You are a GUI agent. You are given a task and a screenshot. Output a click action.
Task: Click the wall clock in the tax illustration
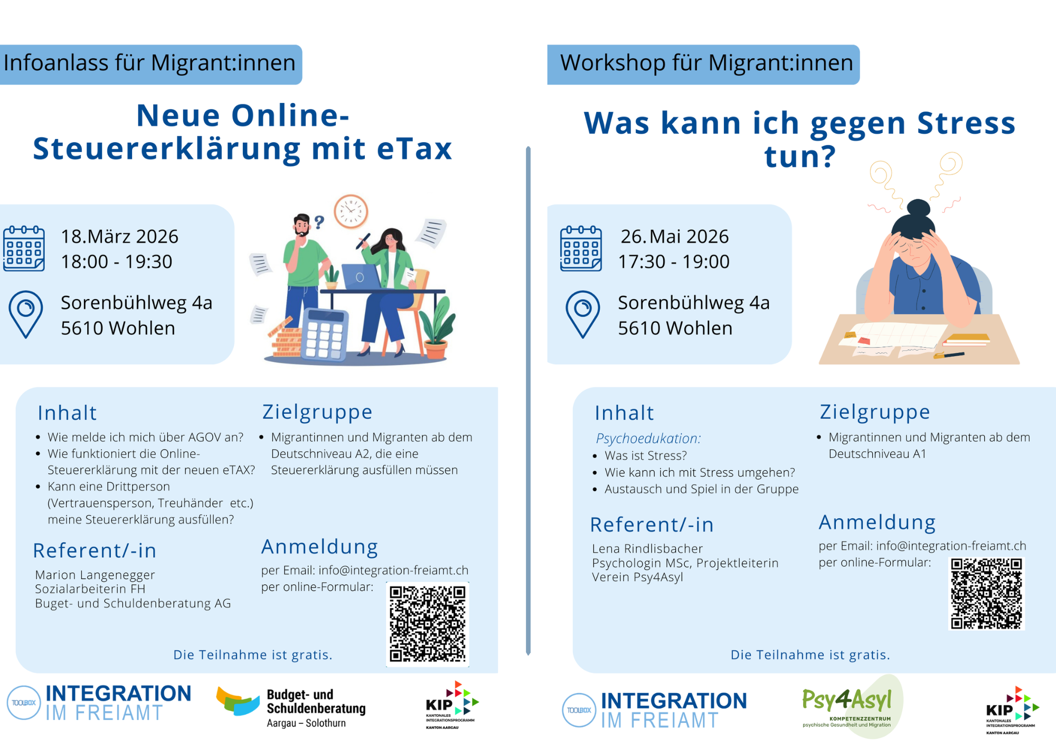(x=351, y=211)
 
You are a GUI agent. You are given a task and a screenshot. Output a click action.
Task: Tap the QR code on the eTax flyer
(x=428, y=624)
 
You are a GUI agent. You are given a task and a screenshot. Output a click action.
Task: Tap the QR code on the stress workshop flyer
(x=986, y=594)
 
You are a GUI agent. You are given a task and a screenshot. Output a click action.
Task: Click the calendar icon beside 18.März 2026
(x=24, y=248)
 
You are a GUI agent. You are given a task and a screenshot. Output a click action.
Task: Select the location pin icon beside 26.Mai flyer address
(x=582, y=314)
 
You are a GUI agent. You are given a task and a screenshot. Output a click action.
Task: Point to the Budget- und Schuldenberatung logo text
(x=316, y=708)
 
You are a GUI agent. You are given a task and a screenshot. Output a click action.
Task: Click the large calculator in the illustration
(x=324, y=334)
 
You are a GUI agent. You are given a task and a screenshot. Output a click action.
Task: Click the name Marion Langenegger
(x=95, y=575)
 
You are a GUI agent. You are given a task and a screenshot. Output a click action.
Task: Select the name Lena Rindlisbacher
(x=647, y=548)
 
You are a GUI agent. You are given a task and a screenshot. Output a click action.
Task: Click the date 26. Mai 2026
(x=674, y=236)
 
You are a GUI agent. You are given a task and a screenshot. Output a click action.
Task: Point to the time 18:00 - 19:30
(x=117, y=262)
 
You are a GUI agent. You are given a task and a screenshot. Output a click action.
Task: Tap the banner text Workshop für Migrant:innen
(x=706, y=63)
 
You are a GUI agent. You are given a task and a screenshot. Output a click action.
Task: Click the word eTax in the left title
(x=414, y=148)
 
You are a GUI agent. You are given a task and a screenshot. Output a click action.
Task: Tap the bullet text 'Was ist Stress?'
(x=646, y=455)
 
